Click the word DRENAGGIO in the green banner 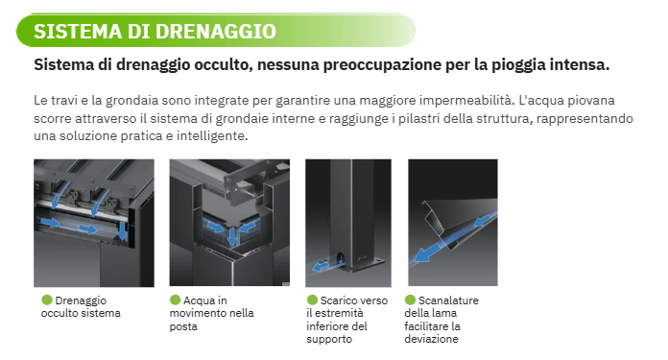point(216,32)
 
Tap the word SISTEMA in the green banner point(78,32)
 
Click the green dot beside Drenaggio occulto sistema point(47,300)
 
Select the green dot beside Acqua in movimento point(175,300)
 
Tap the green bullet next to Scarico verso point(312,300)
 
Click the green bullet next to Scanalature point(410,300)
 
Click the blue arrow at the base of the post point(321,267)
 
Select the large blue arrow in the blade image point(429,252)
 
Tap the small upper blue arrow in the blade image point(482,221)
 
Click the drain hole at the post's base point(340,258)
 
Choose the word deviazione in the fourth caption point(432,339)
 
